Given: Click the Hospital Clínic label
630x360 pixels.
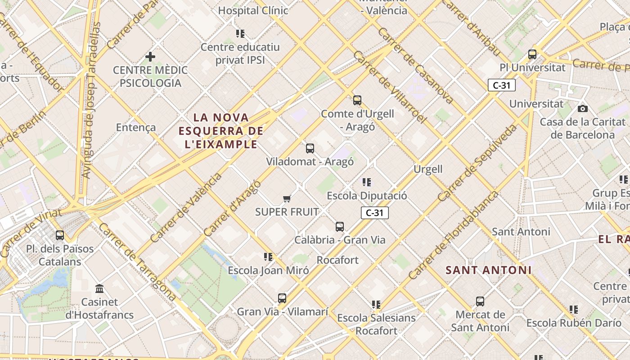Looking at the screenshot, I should [x=253, y=10].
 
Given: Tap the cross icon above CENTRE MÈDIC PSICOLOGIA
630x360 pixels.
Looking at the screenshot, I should [x=150, y=57].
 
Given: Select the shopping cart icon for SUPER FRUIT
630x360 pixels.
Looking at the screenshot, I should [x=287, y=198].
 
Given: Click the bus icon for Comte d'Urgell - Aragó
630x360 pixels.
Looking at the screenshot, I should [x=357, y=100].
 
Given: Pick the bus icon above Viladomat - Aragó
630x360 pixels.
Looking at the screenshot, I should [x=310, y=148].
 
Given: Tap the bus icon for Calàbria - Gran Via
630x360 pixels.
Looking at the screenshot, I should [x=340, y=227].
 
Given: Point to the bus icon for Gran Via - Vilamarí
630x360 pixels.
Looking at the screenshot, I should [x=282, y=298].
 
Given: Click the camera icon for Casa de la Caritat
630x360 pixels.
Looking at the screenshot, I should [x=583, y=108].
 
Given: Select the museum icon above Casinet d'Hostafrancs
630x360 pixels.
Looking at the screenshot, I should [x=99, y=288].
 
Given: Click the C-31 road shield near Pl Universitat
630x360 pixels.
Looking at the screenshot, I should [x=501, y=85].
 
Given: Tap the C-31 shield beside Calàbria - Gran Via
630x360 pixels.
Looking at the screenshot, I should [x=374, y=213].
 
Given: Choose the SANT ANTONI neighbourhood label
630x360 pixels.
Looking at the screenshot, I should [x=488, y=270].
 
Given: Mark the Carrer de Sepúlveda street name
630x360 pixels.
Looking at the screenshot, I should [x=477, y=162].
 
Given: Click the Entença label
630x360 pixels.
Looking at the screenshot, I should [x=136, y=127].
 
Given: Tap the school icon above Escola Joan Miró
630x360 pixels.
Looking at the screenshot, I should [x=268, y=257].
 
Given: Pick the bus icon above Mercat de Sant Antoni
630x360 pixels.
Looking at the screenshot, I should [x=480, y=301].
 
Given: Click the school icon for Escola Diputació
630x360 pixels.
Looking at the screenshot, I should [x=367, y=182].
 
